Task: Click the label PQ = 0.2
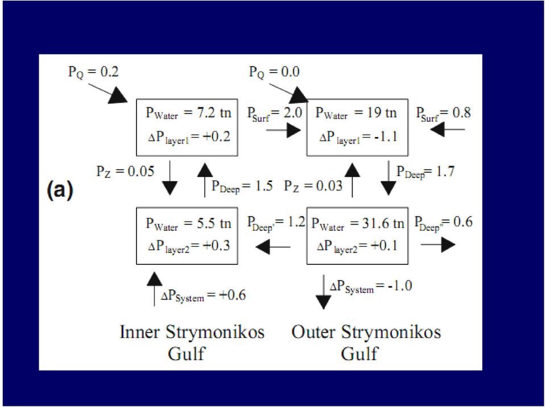pyautogui.click(x=93, y=72)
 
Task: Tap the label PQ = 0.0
pyautogui.click(x=274, y=72)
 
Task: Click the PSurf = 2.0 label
pyautogui.click(x=274, y=114)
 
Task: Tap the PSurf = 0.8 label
pyautogui.click(x=444, y=114)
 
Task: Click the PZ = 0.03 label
pyautogui.click(x=313, y=186)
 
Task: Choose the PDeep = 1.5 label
pyautogui.click(x=242, y=186)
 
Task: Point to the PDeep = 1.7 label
pyautogui.click(x=425, y=172)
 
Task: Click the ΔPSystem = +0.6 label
pyautogui.click(x=204, y=296)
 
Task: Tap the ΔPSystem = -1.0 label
pyautogui.click(x=371, y=286)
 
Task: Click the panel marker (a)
pyautogui.click(x=60, y=190)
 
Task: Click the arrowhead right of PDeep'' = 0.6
pyautogui.click(x=449, y=245)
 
